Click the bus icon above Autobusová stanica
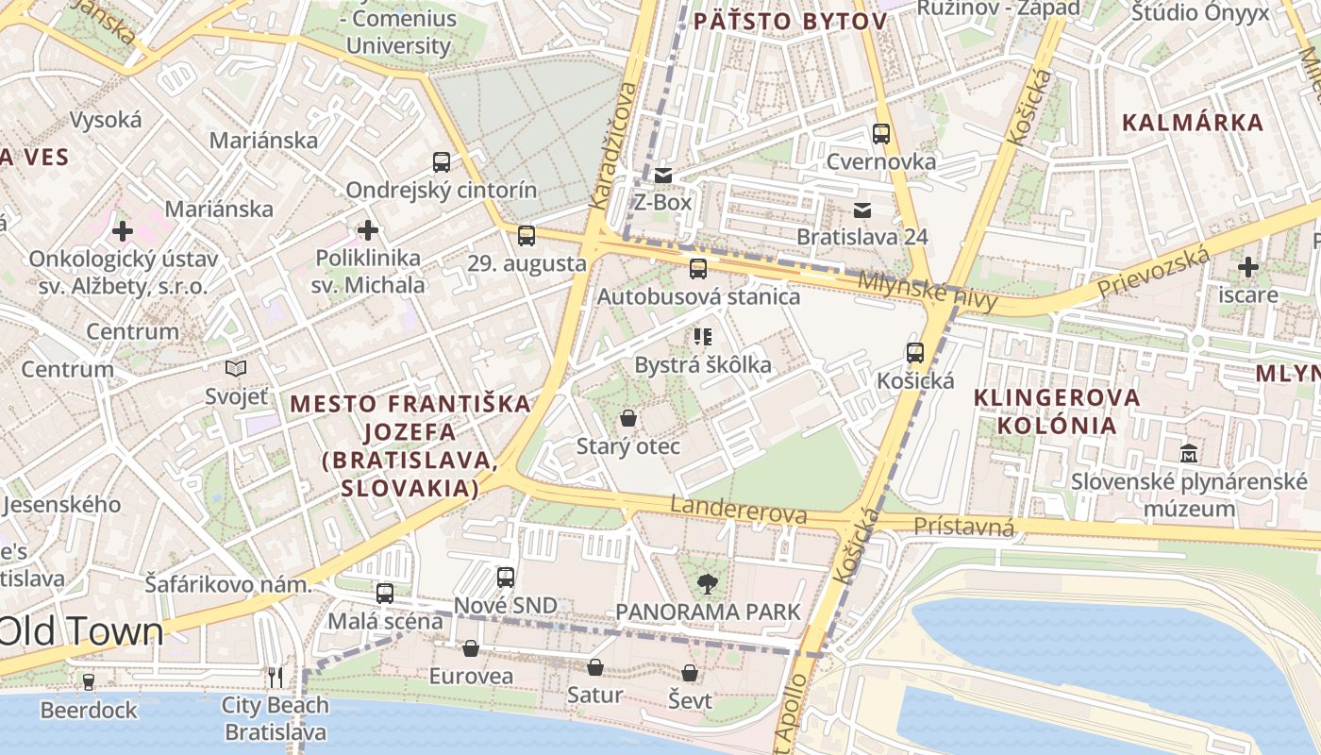[x=698, y=269]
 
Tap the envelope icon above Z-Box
[x=662, y=175]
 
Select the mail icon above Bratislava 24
[x=862, y=210]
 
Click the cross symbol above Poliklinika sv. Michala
[x=368, y=230]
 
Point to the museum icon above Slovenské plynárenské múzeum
[x=1189, y=454]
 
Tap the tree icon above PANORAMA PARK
[x=705, y=584]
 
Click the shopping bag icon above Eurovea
[x=471, y=648]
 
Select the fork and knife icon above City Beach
[x=275, y=677]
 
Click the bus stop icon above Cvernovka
[x=881, y=134]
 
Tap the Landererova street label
[x=738, y=511]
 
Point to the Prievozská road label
[x=1154, y=275]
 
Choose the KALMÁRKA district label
[x=1193, y=122]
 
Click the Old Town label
[x=81, y=632]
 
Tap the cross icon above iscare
[x=1248, y=267]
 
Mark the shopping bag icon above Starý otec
[x=628, y=418]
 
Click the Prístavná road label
[x=963, y=527]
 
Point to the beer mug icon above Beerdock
[x=89, y=681]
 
